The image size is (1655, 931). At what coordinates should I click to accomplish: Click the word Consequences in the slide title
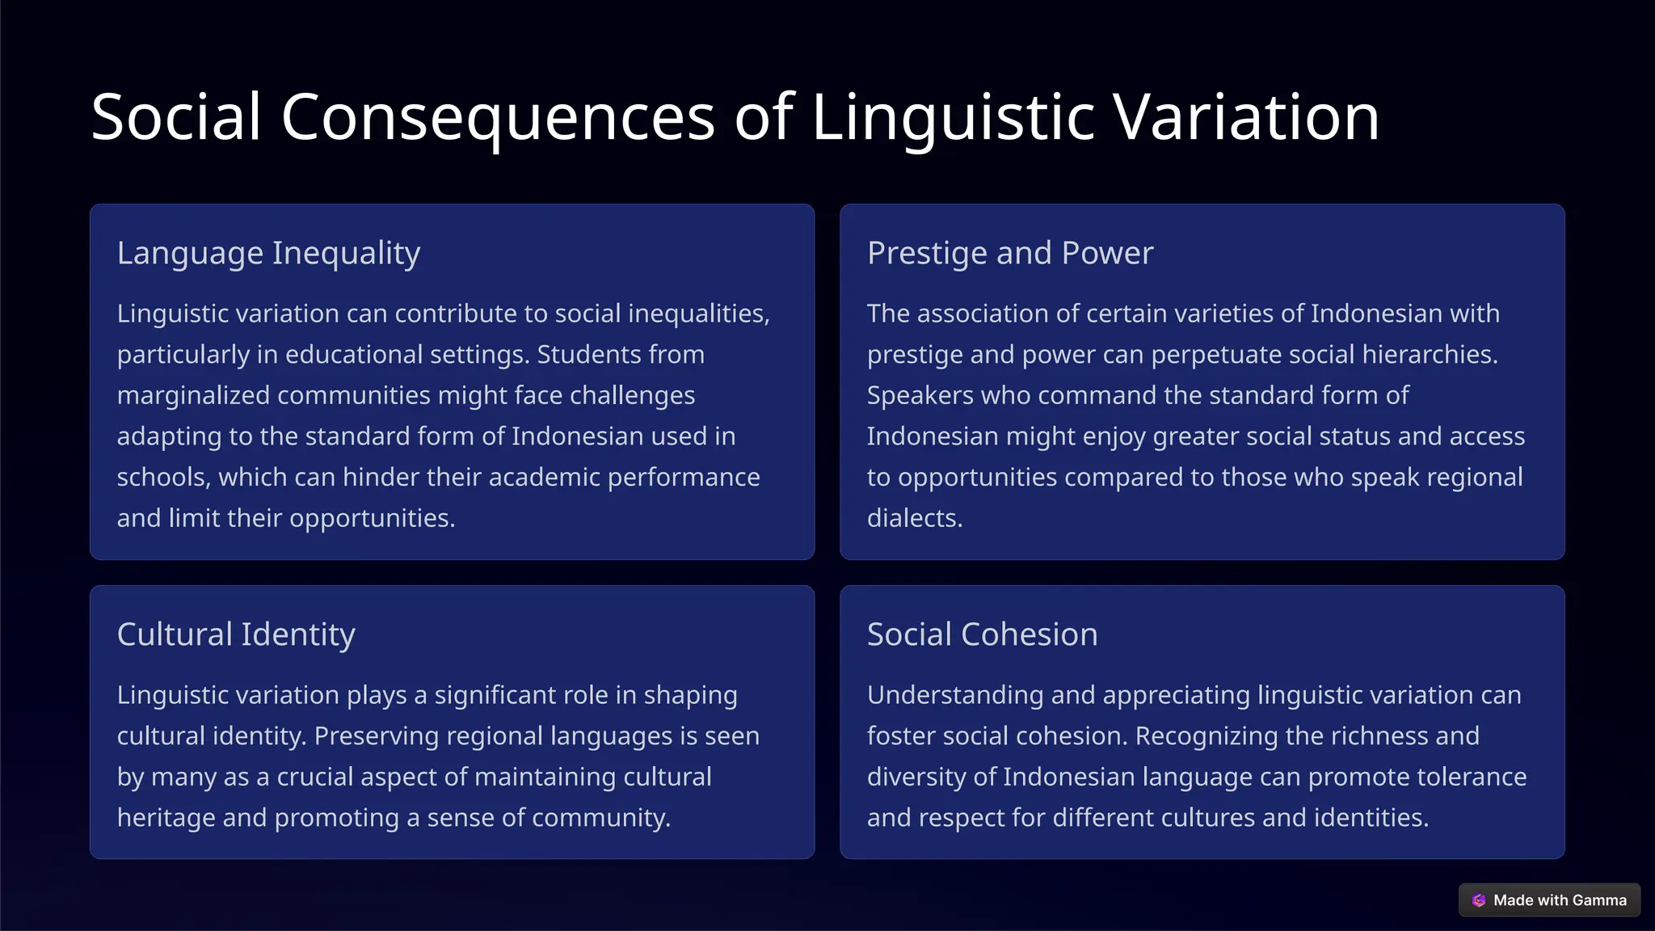pos(498,118)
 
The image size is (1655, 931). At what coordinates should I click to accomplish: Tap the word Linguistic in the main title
pos(953,118)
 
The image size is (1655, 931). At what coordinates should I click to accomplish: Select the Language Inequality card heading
pos(268,253)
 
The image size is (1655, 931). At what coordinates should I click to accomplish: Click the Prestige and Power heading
pos(1010,253)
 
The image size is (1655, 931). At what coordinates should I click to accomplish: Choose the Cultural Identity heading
pos(236,634)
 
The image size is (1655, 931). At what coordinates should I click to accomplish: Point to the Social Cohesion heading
pos(982,634)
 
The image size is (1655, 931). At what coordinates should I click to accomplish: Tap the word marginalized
pos(192,395)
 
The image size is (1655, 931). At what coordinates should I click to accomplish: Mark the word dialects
pos(914,518)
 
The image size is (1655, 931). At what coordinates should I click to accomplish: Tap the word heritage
pos(166,818)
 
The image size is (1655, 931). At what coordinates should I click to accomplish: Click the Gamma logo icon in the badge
pos(1479,900)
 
